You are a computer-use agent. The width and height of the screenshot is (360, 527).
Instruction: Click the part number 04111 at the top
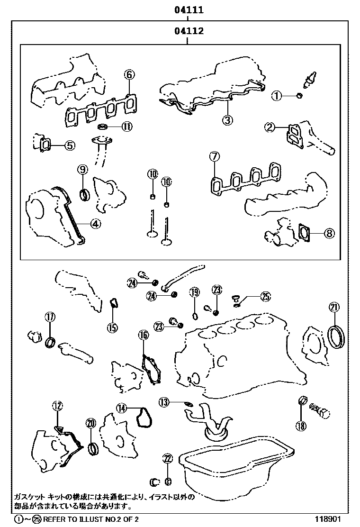(x=188, y=9)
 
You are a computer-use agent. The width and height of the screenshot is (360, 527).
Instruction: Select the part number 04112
(x=188, y=32)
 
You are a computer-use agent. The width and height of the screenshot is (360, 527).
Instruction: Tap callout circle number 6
(x=130, y=74)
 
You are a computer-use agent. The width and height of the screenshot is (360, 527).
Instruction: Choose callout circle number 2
(x=270, y=127)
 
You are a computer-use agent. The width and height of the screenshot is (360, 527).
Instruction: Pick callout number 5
(x=70, y=145)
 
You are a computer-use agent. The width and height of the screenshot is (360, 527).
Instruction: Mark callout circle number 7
(x=214, y=156)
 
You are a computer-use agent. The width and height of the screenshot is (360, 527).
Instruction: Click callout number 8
(x=329, y=233)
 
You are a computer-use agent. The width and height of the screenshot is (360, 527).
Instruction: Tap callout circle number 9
(x=82, y=169)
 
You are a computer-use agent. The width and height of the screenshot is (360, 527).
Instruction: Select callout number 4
(x=96, y=224)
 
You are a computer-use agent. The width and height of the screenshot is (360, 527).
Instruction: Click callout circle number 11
(x=126, y=126)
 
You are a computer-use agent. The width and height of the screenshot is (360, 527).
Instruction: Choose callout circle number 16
(x=143, y=336)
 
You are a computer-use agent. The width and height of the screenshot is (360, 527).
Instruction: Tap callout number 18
(x=301, y=426)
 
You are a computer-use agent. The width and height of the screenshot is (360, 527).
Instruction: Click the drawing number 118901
(x=328, y=519)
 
